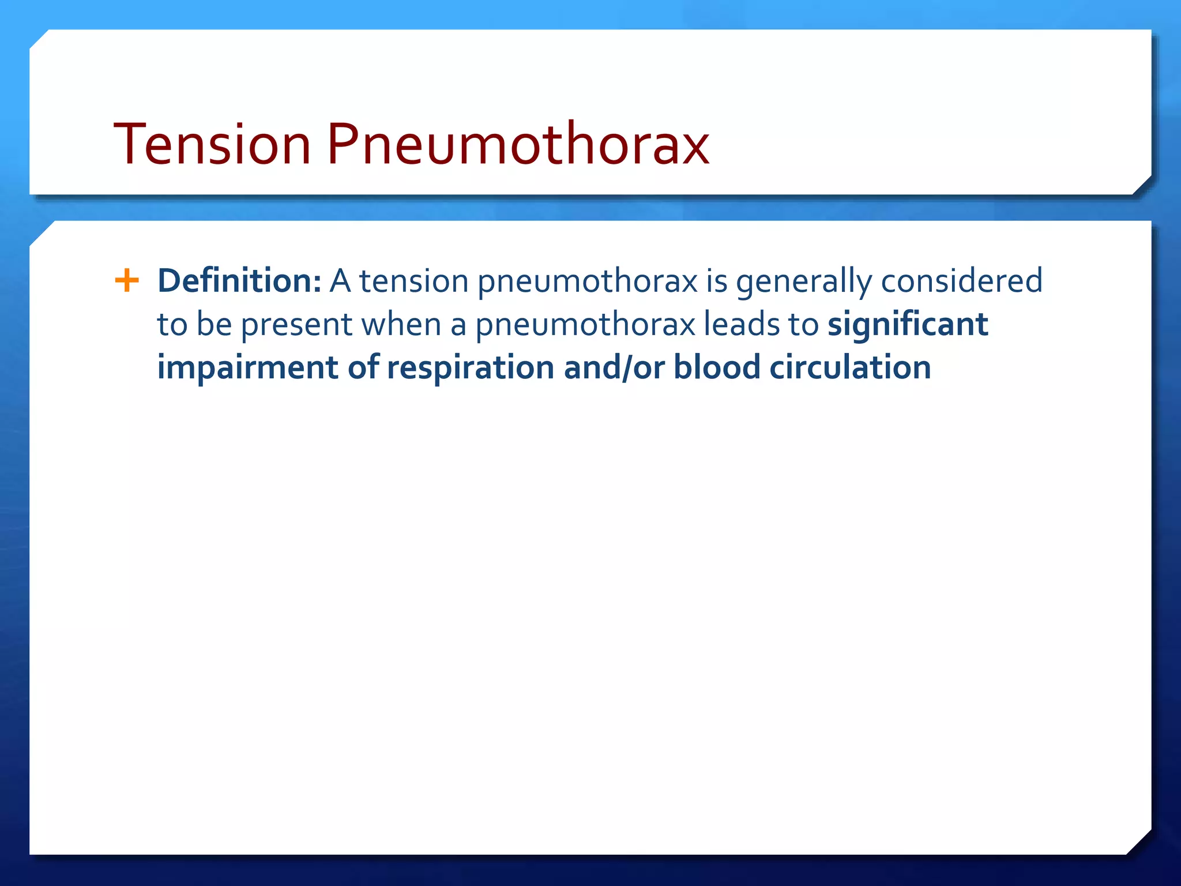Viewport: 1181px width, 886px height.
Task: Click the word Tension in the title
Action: pos(212,144)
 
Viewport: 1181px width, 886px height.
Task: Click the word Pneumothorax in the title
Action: pos(518,144)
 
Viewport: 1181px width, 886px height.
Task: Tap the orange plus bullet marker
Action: pos(127,281)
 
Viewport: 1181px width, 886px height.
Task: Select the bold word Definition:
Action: pos(239,281)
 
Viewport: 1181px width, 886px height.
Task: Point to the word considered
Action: pos(961,281)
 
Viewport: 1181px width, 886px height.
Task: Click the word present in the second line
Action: pos(296,325)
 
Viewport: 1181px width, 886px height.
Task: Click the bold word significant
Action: pos(908,325)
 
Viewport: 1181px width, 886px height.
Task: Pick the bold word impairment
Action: pos(247,368)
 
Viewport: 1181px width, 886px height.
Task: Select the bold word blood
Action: pos(717,367)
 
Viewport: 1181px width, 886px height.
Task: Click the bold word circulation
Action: pos(850,367)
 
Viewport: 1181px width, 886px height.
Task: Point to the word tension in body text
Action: pos(413,281)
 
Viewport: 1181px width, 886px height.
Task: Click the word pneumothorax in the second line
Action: pos(585,325)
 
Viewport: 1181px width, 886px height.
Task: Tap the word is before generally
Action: pos(717,281)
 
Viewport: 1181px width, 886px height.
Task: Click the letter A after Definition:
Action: pos(340,281)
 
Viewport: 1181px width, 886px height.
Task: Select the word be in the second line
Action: pos(214,324)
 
